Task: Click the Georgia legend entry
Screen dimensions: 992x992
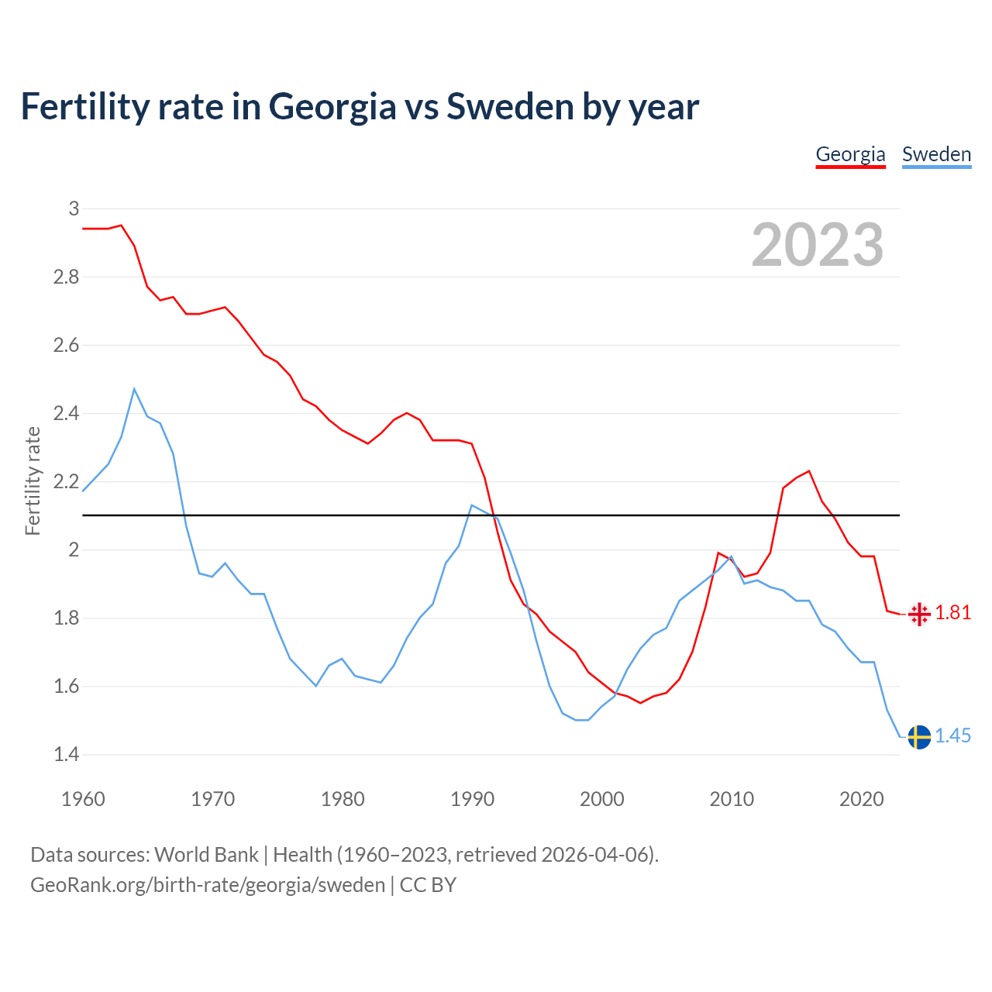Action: point(850,154)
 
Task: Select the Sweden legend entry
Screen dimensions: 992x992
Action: point(936,154)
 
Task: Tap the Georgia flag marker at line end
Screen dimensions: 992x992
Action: point(919,615)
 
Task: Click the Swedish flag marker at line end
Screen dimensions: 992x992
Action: point(919,736)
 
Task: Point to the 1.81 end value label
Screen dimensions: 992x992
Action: point(953,613)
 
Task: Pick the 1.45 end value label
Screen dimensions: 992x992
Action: point(953,735)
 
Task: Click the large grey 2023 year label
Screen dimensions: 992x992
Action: point(818,245)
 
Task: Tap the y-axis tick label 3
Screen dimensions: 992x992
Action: point(74,208)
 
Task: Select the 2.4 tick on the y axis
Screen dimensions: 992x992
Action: point(67,414)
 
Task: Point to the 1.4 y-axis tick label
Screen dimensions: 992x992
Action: point(67,755)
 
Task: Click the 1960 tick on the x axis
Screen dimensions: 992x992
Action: point(83,799)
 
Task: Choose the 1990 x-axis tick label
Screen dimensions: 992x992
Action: point(472,799)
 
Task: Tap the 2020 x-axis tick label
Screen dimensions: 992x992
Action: point(861,799)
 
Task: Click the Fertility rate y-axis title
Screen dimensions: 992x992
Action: point(33,481)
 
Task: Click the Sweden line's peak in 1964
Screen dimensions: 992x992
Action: point(134,389)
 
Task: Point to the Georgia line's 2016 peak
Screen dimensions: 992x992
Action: point(809,471)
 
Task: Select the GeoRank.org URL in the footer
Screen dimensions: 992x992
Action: point(208,885)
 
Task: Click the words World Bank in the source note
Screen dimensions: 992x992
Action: point(206,855)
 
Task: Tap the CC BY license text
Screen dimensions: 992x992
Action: point(428,885)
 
